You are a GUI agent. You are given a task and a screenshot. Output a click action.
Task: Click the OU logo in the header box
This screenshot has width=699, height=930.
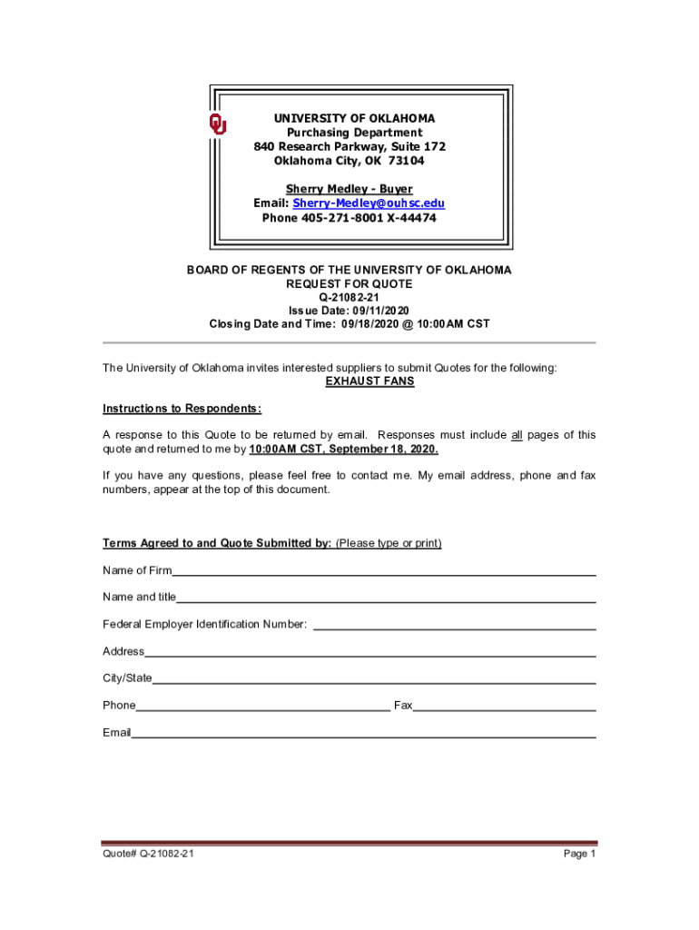coord(218,124)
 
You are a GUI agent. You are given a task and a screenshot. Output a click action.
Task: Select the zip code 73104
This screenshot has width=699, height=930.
coord(406,161)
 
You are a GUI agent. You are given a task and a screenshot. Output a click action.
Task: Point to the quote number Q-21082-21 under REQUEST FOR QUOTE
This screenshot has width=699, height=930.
coord(349,297)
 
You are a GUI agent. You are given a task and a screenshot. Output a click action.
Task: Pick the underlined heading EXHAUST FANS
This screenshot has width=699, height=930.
coord(369,381)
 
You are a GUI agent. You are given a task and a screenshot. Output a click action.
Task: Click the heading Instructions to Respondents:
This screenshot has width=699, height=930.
coord(182,409)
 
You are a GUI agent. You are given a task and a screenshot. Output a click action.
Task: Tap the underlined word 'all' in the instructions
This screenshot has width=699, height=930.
coord(517,435)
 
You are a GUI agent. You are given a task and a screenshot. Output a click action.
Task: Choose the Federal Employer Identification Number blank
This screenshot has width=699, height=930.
coord(454,627)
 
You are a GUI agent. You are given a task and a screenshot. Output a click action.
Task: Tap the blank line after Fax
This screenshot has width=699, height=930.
coord(504,707)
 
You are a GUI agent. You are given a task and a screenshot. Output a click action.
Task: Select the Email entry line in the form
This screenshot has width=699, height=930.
coord(363,735)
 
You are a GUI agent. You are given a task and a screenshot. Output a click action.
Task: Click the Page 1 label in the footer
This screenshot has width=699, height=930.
coord(579,855)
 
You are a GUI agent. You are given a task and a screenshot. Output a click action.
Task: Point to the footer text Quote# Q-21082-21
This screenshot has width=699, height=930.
coord(148,855)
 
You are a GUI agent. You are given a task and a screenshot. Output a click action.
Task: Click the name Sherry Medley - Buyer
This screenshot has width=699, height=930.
coord(349,190)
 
